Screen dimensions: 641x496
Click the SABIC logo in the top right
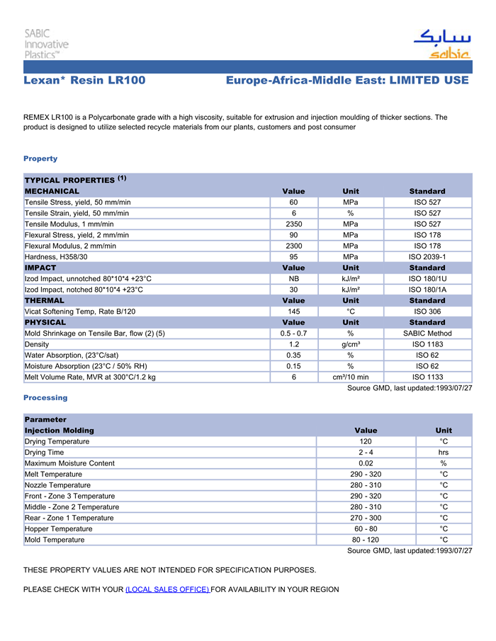(441, 44)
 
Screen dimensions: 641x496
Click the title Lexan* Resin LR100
(84, 81)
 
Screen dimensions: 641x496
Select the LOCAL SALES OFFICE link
(167, 589)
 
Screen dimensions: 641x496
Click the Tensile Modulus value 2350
(293, 224)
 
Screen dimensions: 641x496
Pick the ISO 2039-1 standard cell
(427, 256)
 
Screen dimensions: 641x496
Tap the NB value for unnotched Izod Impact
(293, 278)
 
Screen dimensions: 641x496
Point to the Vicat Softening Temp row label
(80, 311)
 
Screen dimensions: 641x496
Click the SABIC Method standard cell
(427, 333)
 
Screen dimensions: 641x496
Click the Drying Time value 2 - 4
(366, 453)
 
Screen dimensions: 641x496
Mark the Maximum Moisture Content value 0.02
(366, 463)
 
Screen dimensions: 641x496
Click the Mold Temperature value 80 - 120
(366, 540)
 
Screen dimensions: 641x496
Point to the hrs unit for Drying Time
(444, 453)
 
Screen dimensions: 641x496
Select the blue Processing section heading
(45, 397)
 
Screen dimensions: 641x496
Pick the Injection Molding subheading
(59, 431)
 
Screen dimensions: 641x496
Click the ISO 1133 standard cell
(427, 377)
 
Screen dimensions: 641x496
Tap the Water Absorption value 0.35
(293, 355)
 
